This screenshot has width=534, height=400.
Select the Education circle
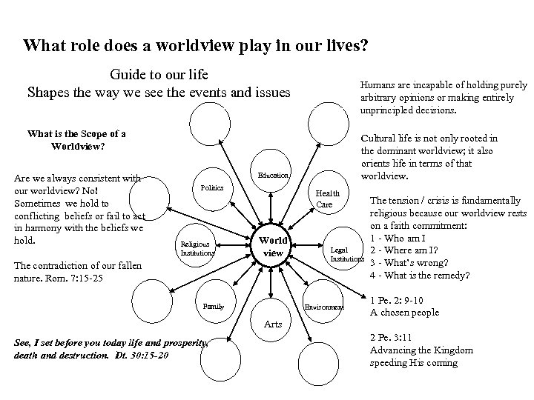click(273, 175)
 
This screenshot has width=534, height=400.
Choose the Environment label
click(325, 307)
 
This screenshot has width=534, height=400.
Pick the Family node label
click(213, 305)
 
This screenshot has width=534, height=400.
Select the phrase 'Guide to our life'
click(159, 75)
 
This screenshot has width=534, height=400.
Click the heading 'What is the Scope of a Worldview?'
click(76, 139)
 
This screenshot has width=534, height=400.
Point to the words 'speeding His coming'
click(413, 363)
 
